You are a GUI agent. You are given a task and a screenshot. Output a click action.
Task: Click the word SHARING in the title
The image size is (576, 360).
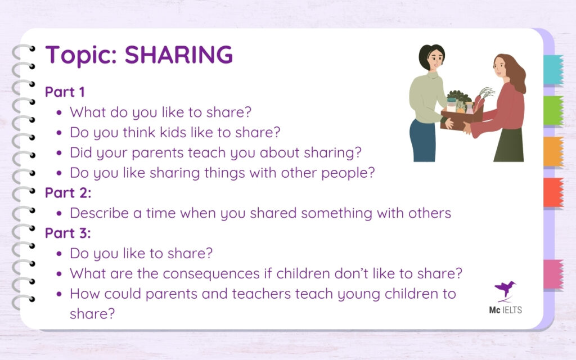[178, 55]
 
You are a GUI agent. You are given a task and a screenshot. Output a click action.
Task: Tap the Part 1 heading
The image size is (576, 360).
[64, 91]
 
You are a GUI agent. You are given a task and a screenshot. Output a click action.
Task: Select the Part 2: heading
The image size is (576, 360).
[67, 192]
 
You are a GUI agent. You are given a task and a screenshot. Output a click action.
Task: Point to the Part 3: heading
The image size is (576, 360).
[67, 233]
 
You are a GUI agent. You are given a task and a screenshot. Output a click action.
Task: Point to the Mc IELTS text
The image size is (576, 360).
[505, 309]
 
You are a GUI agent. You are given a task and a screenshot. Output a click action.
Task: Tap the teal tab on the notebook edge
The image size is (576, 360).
[553, 70]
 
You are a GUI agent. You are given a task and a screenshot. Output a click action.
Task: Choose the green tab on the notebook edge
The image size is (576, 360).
[553, 110]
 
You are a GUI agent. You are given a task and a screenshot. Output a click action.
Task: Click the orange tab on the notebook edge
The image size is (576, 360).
[553, 151]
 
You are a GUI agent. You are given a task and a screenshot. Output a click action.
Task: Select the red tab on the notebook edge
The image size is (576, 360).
[553, 192]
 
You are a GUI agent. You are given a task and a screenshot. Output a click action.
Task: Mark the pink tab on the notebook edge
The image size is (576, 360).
[553, 274]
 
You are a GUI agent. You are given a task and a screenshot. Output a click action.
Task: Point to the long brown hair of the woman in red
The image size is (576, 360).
[516, 73]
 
